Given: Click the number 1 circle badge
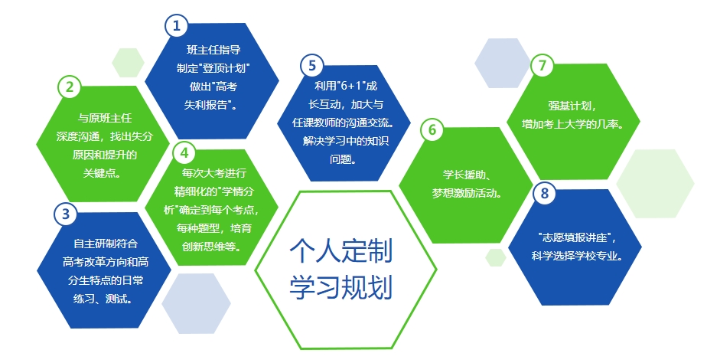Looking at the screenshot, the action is [x=176, y=25].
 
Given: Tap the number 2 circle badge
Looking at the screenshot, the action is [x=70, y=87].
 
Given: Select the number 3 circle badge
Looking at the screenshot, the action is [x=66, y=213].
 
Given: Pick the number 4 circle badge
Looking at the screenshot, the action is [x=184, y=152].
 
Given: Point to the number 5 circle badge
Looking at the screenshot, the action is [x=312, y=65].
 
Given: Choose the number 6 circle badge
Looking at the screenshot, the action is [x=432, y=129].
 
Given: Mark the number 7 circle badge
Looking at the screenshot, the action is [x=542, y=65].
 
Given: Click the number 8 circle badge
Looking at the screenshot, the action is [x=545, y=193].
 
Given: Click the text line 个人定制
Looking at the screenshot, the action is [x=341, y=250].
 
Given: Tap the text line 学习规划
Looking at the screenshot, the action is [x=341, y=286].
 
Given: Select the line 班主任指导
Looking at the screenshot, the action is [x=213, y=50].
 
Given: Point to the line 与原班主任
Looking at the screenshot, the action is [x=105, y=118].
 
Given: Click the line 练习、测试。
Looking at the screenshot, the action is [x=103, y=299].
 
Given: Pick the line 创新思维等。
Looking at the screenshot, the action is [x=212, y=247].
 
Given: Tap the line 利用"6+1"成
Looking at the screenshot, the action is [x=346, y=86].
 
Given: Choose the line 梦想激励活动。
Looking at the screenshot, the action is [x=467, y=193].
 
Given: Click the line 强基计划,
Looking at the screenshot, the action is [x=572, y=106].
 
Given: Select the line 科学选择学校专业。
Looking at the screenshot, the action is [x=578, y=256].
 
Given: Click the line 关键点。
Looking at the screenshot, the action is [x=103, y=173].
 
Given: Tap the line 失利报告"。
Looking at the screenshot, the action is [x=210, y=105].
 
